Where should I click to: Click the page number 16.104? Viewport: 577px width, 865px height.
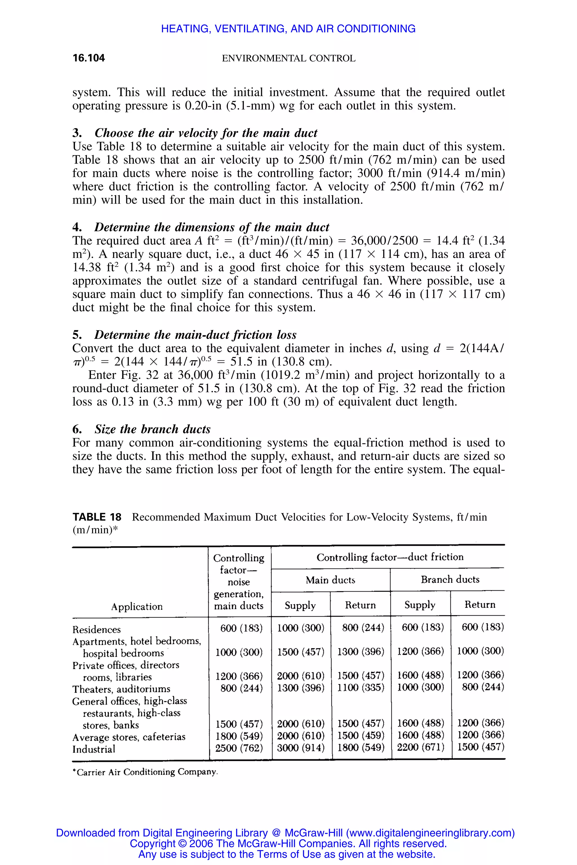pyautogui.click(x=89, y=58)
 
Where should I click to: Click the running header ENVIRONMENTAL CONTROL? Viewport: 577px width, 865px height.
pyautogui.click(x=288, y=58)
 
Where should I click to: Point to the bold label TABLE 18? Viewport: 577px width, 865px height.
pyautogui.click(x=97, y=517)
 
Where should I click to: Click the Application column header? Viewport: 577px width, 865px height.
pyautogui.click(x=137, y=607)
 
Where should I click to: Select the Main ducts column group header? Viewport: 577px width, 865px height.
pyautogui.click(x=330, y=580)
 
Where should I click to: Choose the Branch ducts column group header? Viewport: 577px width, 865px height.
pyautogui.click(x=450, y=579)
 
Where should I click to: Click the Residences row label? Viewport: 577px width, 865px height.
pyautogui.click(x=96, y=629)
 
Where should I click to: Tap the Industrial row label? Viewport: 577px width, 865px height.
pyautogui.click(x=94, y=749)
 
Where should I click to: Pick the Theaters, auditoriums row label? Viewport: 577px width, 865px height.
pyautogui.click(x=121, y=689)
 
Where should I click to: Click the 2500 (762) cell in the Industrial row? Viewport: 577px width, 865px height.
pyautogui.click(x=239, y=748)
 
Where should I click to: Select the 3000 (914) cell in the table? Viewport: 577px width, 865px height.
pyautogui.click(x=301, y=748)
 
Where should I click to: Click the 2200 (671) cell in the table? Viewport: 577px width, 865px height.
pyautogui.click(x=421, y=747)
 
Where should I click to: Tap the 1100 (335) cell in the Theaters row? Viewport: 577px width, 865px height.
pyautogui.click(x=361, y=687)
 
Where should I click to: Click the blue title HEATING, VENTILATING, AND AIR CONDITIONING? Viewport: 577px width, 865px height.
pyautogui.click(x=288, y=29)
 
